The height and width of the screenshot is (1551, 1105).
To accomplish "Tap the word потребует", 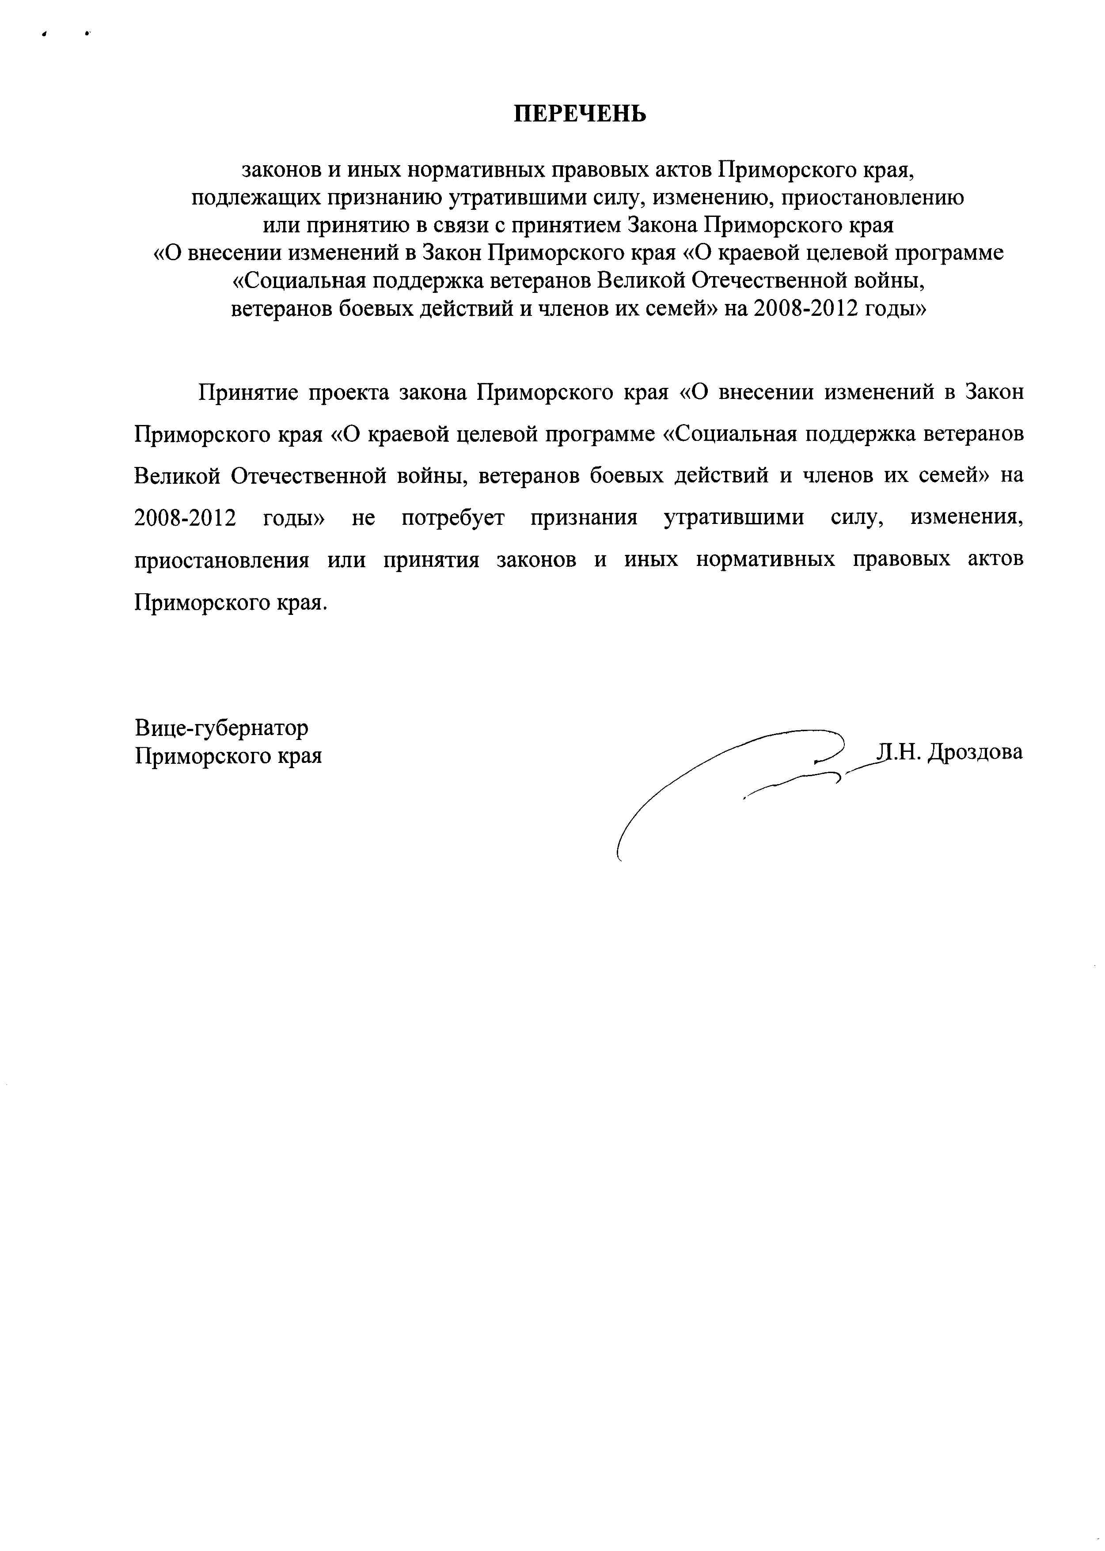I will point(452,518).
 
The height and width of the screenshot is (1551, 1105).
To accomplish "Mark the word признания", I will point(584,518).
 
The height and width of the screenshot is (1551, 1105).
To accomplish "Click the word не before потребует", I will point(363,518).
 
